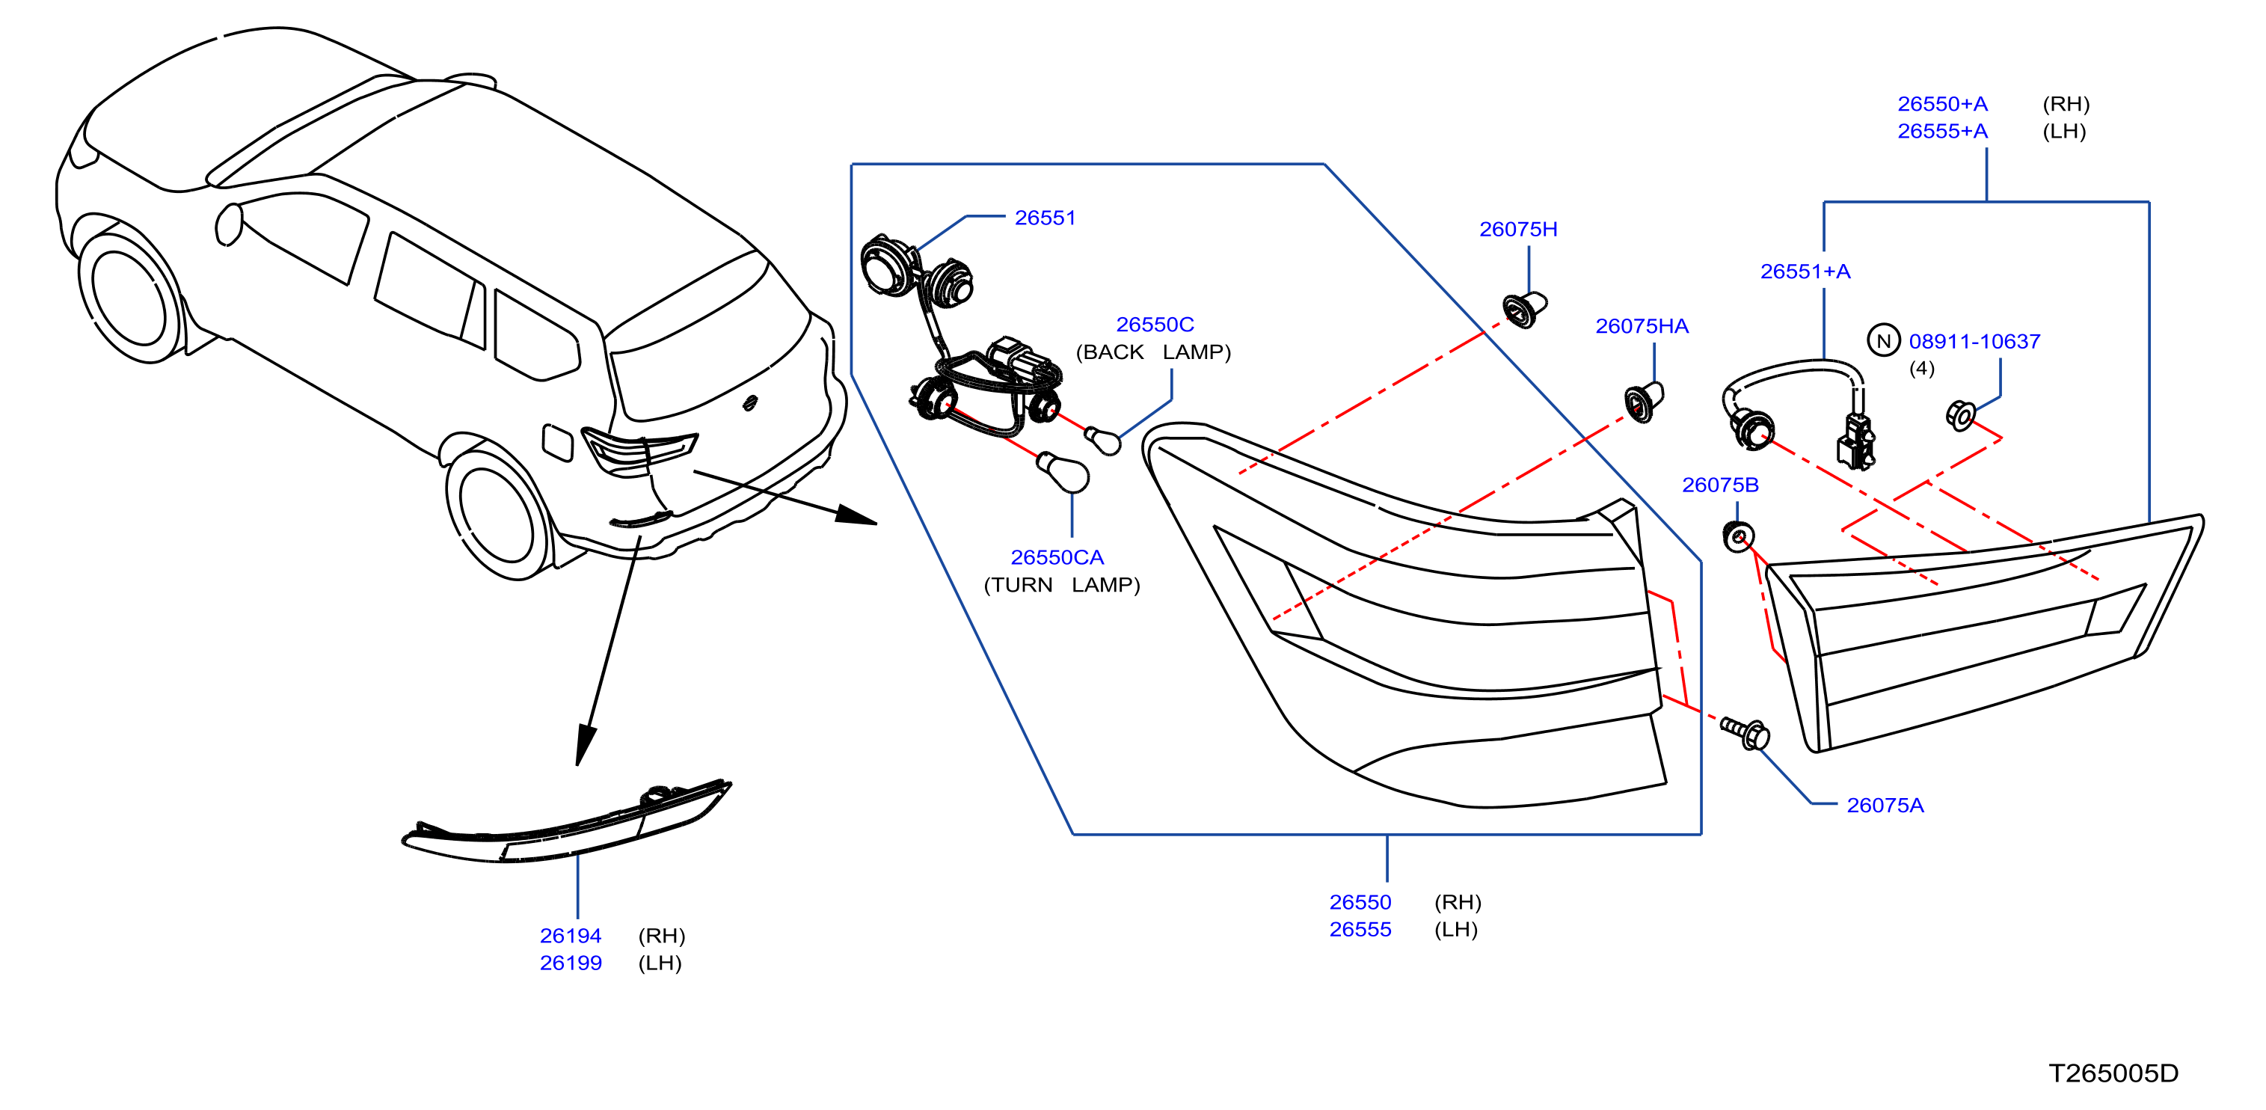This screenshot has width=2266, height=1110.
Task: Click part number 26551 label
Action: (1045, 217)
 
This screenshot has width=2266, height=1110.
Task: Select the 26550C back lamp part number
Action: (1155, 325)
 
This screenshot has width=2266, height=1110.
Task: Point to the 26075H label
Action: (1518, 230)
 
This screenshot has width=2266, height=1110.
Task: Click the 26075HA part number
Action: (1642, 326)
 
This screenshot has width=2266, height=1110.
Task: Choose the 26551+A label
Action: (1805, 272)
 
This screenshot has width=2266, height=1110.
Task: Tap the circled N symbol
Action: (1883, 341)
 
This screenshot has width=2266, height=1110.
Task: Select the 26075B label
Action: (1720, 485)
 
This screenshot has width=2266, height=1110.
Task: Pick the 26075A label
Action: (1885, 806)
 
